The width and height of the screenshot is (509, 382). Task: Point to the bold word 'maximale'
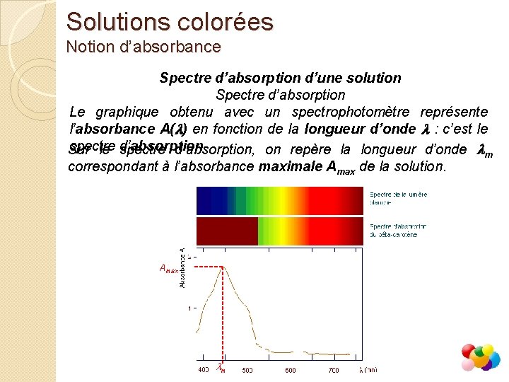pyautogui.click(x=288, y=168)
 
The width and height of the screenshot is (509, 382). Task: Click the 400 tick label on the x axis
pyautogui.click(x=203, y=369)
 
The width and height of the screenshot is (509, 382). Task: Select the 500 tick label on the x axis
pyautogui.click(x=247, y=369)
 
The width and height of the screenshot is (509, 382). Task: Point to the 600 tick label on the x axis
pyautogui.click(x=290, y=369)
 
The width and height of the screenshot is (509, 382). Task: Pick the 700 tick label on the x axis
pyautogui.click(x=333, y=369)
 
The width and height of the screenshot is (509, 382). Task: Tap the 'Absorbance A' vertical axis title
pyautogui.click(x=182, y=267)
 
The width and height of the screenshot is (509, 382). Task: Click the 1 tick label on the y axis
pyautogui.click(x=189, y=308)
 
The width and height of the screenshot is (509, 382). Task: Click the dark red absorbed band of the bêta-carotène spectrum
pyautogui.click(x=226, y=230)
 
